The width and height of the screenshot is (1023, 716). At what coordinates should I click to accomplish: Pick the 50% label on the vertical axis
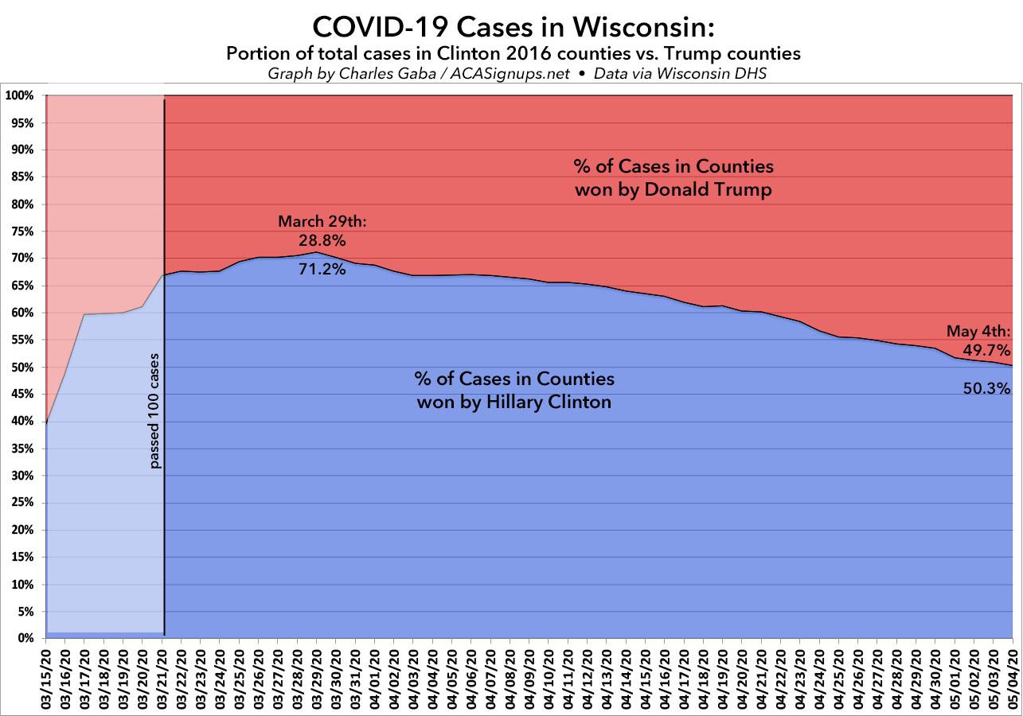(21, 368)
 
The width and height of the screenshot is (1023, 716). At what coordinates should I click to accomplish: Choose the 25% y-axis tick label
(21, 503)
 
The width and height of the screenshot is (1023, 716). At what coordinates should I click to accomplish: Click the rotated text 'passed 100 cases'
(155, 411)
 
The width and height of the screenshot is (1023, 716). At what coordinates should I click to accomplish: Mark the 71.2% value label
(322, 269)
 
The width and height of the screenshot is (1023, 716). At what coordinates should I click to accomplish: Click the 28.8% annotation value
(322, 239)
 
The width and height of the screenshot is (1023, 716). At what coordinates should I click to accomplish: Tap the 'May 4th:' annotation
(978, 332)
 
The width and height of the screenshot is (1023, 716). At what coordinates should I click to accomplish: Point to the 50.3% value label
(989, 389)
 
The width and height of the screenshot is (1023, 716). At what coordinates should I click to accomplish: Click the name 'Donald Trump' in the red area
(720, 190)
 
